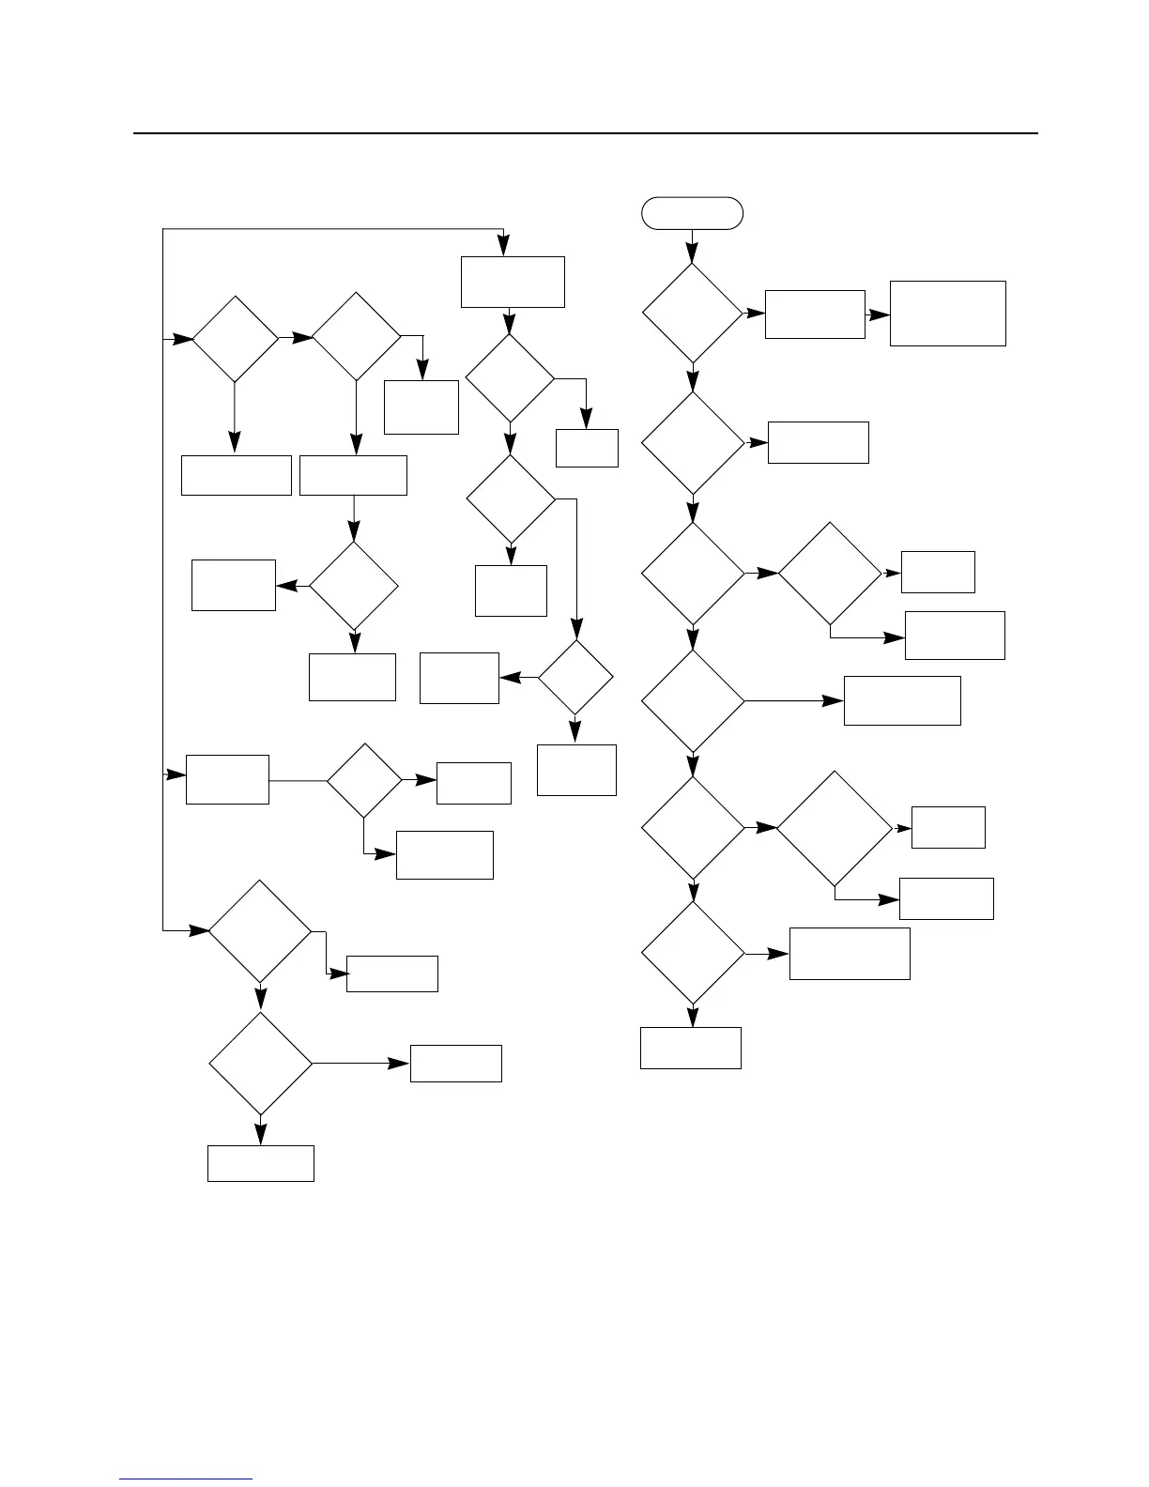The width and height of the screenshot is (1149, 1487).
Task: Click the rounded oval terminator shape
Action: pos(692,213)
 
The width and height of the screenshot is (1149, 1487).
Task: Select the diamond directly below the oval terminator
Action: pos(692,314)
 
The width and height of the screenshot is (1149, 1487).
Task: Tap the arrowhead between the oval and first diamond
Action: pos(692,253)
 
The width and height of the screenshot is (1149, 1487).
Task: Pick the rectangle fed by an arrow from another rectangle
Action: pos(947,314)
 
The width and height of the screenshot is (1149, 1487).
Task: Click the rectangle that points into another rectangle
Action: pos(815,314)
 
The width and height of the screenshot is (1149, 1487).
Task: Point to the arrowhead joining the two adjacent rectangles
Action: pos(879,315)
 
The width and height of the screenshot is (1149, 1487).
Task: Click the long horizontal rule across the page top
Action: pos(586,133)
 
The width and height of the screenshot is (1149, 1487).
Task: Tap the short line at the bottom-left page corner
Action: pos(186,1479)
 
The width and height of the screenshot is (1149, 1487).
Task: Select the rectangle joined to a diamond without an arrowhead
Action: pos(227,779)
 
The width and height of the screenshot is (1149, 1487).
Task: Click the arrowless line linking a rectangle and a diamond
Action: pos(298,780)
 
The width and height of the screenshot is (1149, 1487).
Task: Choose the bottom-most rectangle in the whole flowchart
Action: pos(260,1163)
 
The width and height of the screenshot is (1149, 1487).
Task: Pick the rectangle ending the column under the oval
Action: pos(690,1048)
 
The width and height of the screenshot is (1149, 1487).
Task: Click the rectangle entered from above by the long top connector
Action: pos(513,282)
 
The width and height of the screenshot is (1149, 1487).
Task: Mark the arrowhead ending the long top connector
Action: pos(504,246)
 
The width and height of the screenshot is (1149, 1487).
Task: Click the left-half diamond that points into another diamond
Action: pos(235,338)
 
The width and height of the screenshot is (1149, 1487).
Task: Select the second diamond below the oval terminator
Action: pos(692,442)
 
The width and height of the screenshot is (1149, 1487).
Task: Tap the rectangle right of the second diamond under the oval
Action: pos(818,442)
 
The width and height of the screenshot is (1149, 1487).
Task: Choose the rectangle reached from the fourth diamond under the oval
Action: pos(901,700)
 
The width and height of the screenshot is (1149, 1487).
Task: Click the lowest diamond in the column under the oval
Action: pos(692,954)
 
